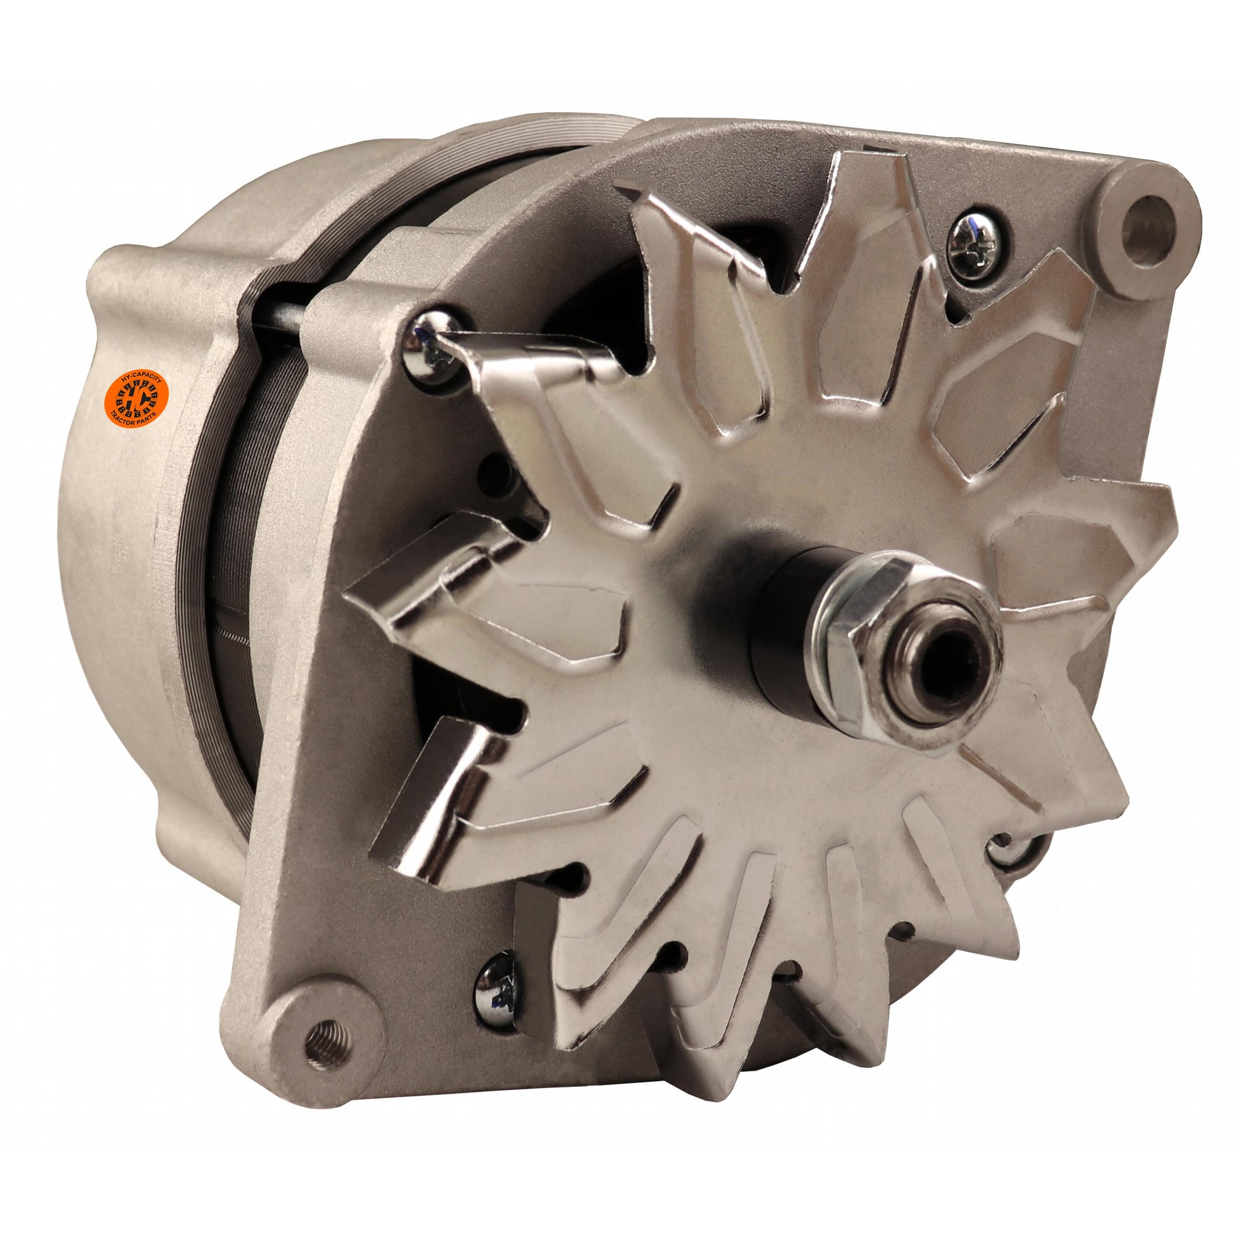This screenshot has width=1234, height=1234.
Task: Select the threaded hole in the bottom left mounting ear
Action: coord(327,1043)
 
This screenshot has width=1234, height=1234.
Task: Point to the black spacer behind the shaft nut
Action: coord(783,632)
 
